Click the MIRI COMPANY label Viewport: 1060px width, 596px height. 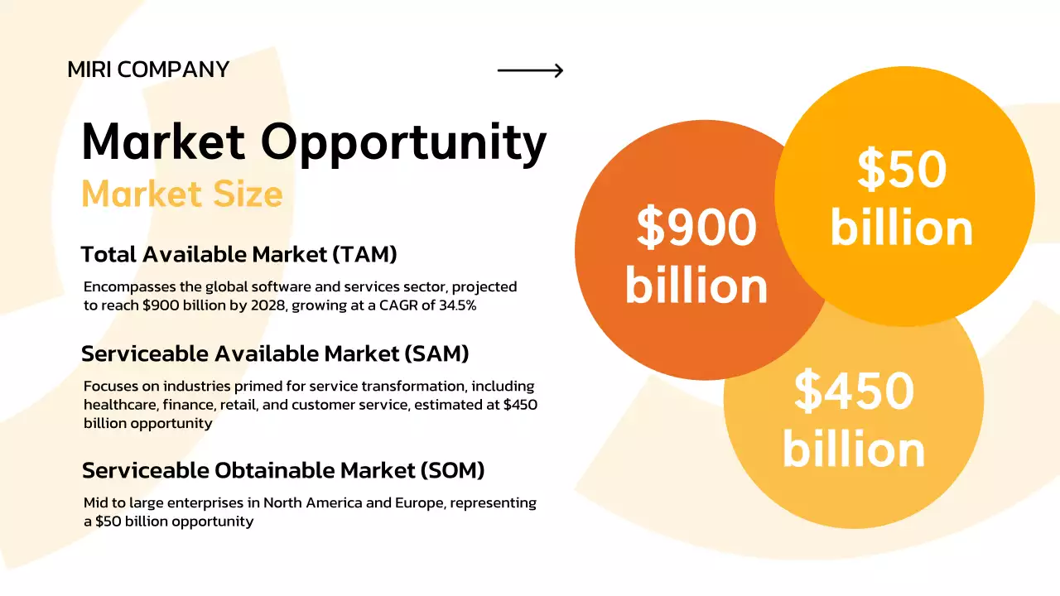pyautogui.click(x=148, y=70)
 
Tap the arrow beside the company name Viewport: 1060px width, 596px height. pyautogui.click(x=530, y=70)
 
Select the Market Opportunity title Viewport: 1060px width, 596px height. pyautogui.click(x=314, y=142)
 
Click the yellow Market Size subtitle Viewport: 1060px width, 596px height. pyautogui.click(x=182, y=194)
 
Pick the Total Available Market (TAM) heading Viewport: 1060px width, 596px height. pyautogui.click(x=239, y=255)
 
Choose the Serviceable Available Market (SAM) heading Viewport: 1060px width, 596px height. pyautogui.click(x=275, y=353)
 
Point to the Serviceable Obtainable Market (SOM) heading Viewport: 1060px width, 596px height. pyautogui.click(x=283, y=470)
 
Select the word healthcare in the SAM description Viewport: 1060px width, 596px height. pyautogui.click(x=120, y=405)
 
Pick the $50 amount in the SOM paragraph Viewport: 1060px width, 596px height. pyautogui.click(x=108, y=521)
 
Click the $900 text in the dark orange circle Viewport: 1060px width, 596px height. pyautogui.click(x=696, y=228)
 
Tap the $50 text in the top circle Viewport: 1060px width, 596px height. pyautogui.click(x=902, y=170)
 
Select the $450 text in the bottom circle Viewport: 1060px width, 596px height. pyautogui.click(x=854, y=392)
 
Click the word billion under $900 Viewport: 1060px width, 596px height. pyautogui.click(x=696, y=285)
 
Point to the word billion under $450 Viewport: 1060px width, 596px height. pyautogui.click(x=854, y=449)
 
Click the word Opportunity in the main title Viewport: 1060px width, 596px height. pyautogui.click(x=404, y=142)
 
